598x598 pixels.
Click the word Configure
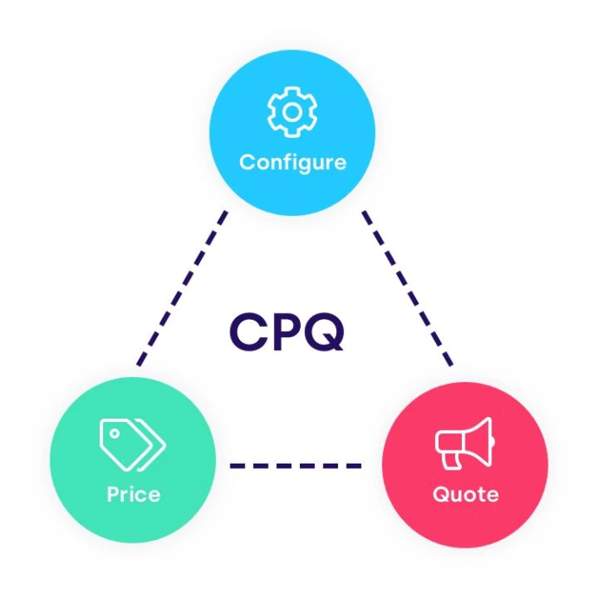292,162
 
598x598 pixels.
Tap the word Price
133,495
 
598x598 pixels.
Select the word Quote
465,495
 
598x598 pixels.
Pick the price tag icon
132,445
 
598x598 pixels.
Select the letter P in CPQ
286,330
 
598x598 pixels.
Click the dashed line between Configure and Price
182,286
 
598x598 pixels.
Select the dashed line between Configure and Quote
407,286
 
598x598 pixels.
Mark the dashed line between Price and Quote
295,466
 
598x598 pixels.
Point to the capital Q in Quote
439,495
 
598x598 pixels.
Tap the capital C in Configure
246,162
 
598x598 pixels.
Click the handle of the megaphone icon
453,460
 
